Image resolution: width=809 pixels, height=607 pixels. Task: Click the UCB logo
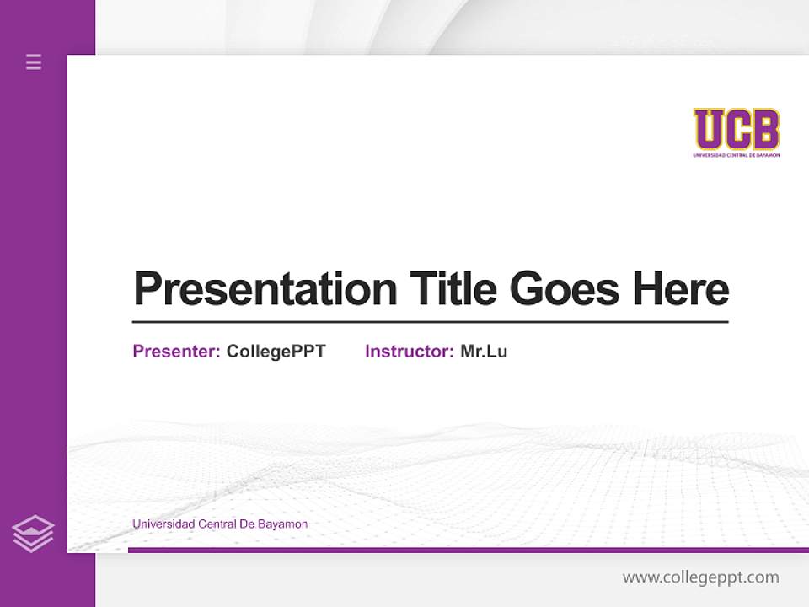(x=737, y=132)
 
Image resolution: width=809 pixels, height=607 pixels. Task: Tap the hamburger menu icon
(x=34, y=62)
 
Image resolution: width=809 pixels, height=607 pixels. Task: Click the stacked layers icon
(x=33, y=534)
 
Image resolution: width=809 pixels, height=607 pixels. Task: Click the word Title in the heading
(x=453, y=289)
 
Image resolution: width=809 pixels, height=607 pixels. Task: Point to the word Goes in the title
(x=564, y=289)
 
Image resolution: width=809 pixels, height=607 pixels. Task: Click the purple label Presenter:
(x=176, y=352)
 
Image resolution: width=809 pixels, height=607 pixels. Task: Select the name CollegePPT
(x=276, y=352)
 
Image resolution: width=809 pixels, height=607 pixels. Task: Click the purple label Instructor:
(x=409, y=352)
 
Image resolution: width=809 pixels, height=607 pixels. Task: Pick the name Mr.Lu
(x=484, y=352)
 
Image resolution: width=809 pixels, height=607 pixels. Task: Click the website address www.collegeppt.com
(x=700, y=577)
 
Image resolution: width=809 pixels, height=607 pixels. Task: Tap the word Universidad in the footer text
(x=163, y=524)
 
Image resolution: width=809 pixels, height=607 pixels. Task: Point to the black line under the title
(x=430, y=322)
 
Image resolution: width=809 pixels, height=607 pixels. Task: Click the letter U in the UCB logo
(x=709, y=129)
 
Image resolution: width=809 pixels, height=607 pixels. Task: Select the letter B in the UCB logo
(x=765, y=129)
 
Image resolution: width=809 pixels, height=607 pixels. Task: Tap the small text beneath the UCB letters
(x=737, y=155)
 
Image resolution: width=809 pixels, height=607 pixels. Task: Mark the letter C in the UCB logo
(x=737, y=129)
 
